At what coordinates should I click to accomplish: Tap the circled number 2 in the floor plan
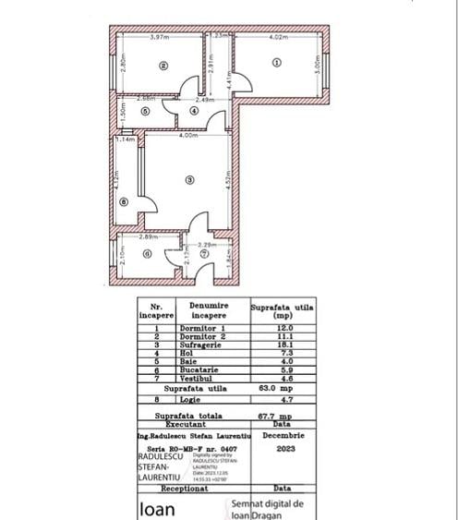163,65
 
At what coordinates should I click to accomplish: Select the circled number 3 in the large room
188,179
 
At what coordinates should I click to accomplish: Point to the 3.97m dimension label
160,37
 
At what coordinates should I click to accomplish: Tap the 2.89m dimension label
147,238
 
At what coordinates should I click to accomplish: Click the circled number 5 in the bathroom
145,110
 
